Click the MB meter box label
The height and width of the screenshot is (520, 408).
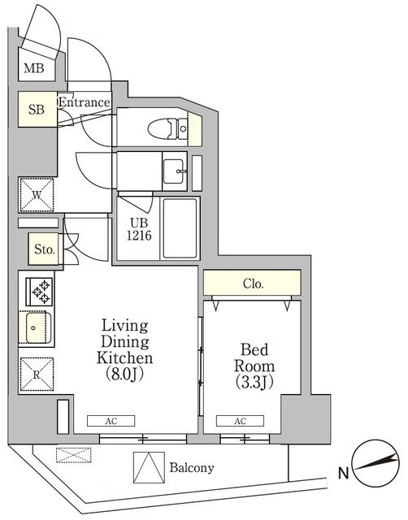tap(33, 69)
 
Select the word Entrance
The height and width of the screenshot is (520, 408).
tap(84, 102)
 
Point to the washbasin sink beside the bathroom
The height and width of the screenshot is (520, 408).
tap(174, 171)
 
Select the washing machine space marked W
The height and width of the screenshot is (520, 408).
tap(37, 195)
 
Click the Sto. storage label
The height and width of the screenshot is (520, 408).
tap(45, 250)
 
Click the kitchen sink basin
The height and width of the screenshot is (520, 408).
tap(37, 330)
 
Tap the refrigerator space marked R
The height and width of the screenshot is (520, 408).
tap(37, 375)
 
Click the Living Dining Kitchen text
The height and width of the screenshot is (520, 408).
tap(124, 341)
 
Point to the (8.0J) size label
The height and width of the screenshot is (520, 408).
tap(124, 375)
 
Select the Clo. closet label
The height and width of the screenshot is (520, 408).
tap(253, 284)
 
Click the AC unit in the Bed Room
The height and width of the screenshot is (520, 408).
tap(240, 421)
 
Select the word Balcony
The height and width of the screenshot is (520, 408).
tap(192, 468)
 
